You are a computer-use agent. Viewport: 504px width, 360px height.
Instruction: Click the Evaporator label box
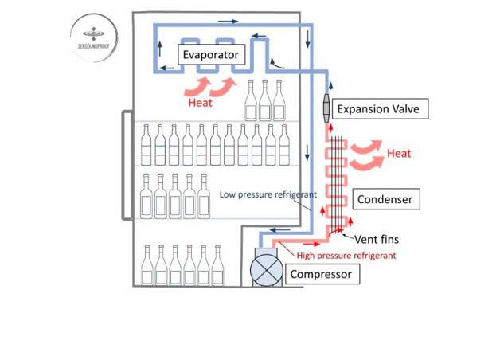click(x=210, y=55)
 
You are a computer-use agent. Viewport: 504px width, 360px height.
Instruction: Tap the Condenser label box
click(x=385, y=198)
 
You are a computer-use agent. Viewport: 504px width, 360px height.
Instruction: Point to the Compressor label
click(x=321, y=275)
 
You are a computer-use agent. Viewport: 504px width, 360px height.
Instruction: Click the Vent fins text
click(x=377, y=238)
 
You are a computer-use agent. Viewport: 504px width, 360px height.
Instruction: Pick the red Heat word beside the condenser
click(x=399, y=153)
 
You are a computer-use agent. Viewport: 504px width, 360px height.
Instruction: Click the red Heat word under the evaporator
click(x=200, y=103)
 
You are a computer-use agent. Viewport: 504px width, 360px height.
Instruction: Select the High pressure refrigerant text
click(x=346, y=256)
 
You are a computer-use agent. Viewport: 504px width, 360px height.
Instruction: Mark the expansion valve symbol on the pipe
click(x=326, y=108)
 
